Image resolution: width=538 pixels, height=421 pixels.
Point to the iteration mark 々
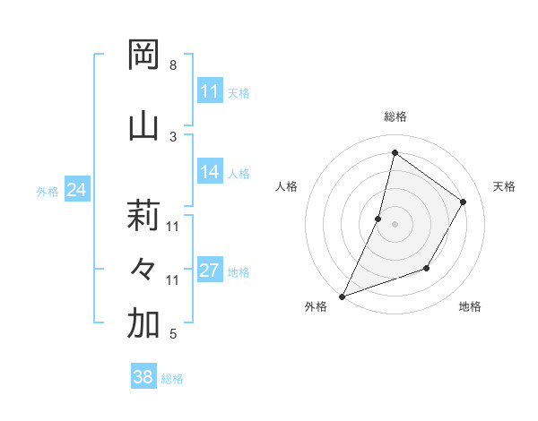coord(144,269)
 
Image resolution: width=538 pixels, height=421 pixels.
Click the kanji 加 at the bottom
coord(144,324)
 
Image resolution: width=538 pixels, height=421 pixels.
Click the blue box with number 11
coord(210,91)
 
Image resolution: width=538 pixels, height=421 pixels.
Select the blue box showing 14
coord(210,172)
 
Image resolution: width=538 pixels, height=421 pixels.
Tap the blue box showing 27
coord(210,271)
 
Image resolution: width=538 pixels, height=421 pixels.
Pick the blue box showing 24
coord(77,190)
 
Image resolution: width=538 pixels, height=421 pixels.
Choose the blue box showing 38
coord(143,377)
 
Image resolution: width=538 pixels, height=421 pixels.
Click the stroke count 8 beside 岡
coord(173,65)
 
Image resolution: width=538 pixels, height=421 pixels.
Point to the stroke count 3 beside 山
coord(173,136)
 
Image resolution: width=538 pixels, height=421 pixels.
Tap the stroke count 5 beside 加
coord(173,334)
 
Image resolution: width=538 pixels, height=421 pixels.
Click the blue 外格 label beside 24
coord(48,191)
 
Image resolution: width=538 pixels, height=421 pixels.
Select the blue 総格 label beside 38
coord(172,378)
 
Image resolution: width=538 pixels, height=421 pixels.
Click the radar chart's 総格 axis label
coord(395,116)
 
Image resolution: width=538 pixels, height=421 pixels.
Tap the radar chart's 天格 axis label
coord(504,186)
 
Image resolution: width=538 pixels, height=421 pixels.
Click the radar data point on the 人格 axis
coord(378,219)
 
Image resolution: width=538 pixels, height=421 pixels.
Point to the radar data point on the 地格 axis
coord(427,268)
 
